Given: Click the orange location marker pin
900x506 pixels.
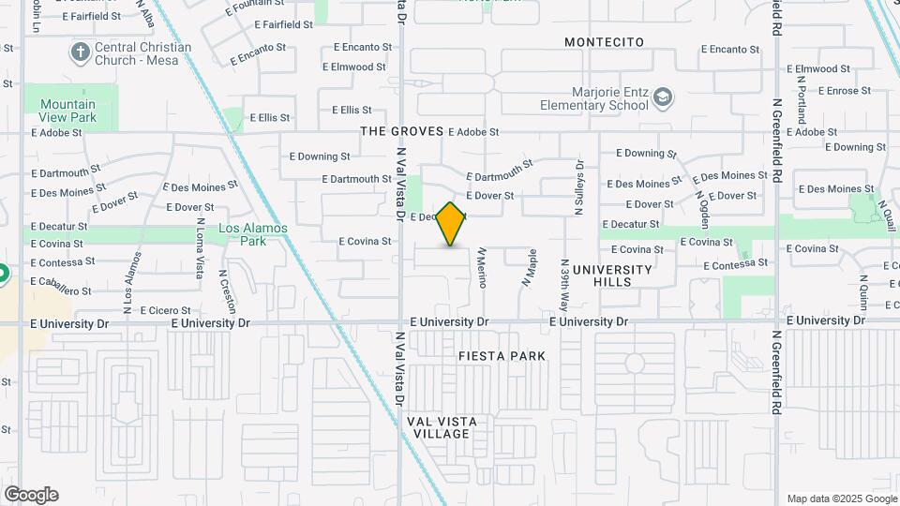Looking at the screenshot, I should click(x=451, y=224).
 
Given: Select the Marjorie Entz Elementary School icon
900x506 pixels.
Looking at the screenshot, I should click(x=664, y=97).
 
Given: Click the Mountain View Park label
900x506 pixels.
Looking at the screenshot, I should click(x=67, y=112).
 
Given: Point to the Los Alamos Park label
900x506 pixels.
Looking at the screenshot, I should click(x=242, y=234).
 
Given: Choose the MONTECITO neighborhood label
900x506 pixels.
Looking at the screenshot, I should click(x=605, y=42).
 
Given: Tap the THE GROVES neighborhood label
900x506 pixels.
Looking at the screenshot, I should click(x=401, y=131).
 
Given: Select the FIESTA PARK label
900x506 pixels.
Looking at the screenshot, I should click(x=502, y=356).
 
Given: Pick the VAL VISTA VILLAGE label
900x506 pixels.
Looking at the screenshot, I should click(x=442, y=427).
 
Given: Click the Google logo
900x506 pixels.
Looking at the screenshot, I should click(x=31, y=495).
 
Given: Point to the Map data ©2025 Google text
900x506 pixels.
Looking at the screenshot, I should click(x=841, y=499).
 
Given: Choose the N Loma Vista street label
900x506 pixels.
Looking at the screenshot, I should click(x=199, y=248).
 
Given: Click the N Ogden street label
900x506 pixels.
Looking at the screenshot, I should click(x=703, y=211).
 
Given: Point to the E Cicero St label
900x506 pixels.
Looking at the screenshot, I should click(x=165, y=310).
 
